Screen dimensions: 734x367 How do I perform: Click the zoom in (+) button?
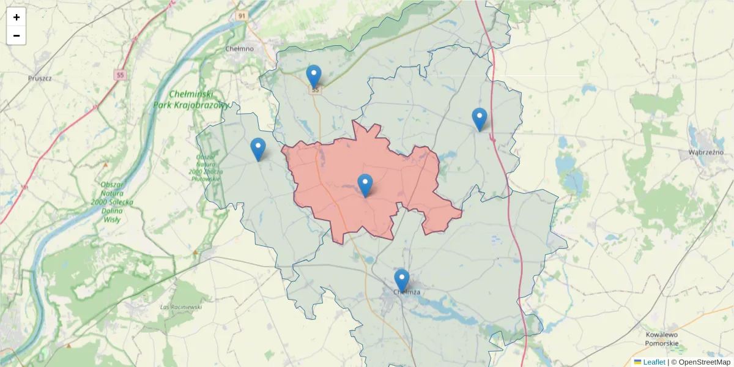point(17,17)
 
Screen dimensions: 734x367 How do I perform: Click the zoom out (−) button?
point(17,35)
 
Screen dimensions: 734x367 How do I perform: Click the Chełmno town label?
point(239,48)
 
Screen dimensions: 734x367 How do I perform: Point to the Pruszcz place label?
point(40,78)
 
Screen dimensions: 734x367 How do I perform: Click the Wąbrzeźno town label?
point(706,152)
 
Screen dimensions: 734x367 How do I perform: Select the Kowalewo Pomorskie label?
point(662,339)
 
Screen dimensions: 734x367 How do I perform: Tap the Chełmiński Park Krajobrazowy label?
point(191,99)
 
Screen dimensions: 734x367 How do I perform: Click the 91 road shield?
point(242,16)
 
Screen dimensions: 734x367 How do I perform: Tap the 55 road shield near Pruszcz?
point(120,75)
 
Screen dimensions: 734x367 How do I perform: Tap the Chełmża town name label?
point(407,292)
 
